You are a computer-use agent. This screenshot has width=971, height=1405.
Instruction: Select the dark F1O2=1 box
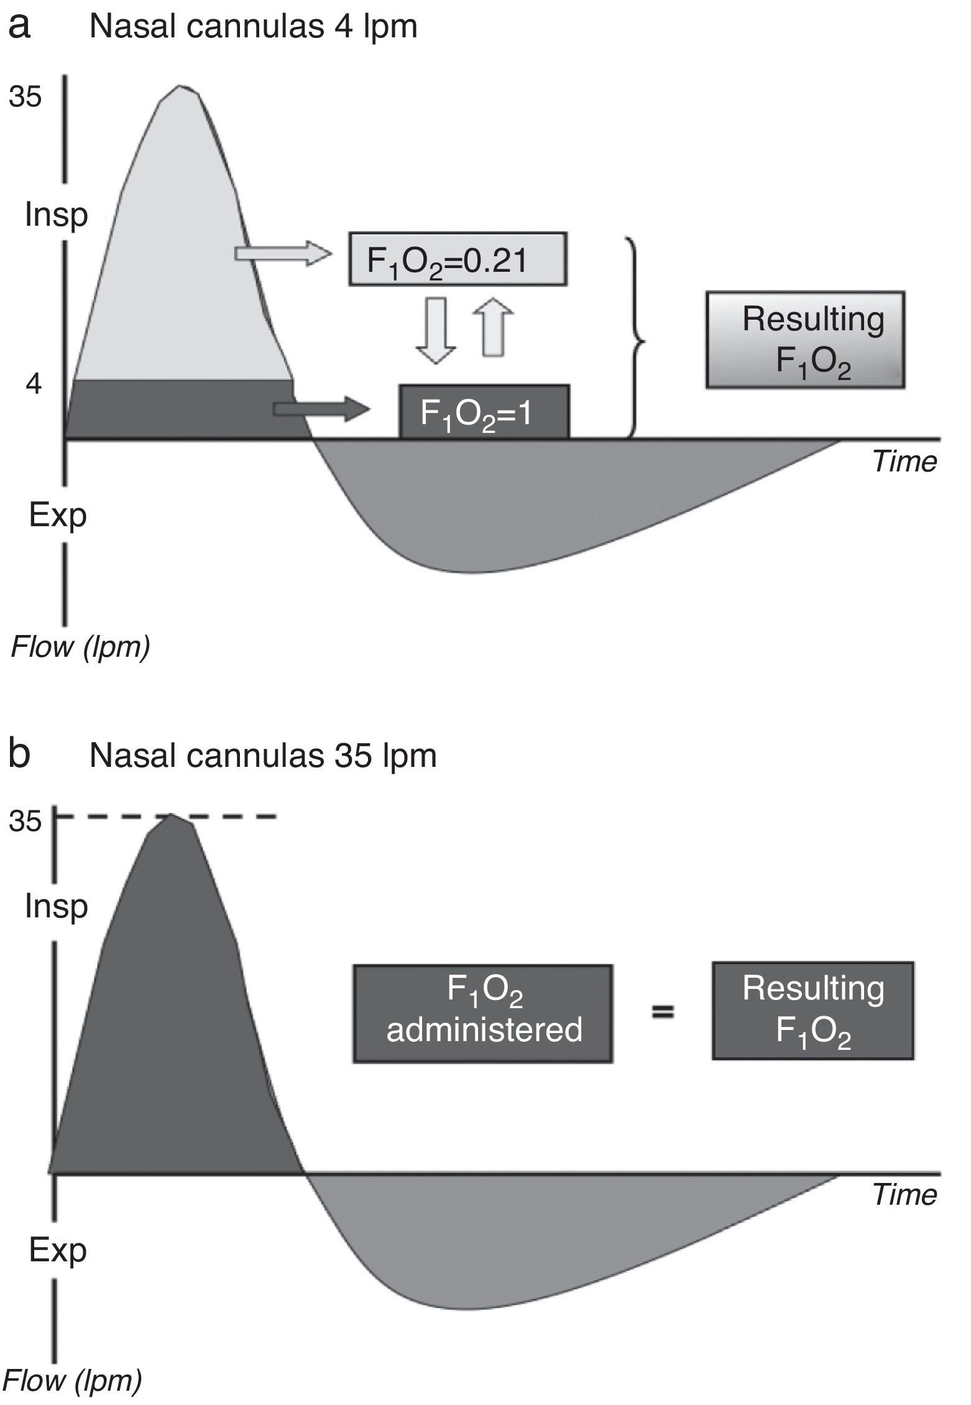tap(484, 412)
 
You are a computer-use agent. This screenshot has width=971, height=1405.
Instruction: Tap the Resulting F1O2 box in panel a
tap(806, 340)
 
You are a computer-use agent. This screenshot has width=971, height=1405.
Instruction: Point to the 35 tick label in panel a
tap(25, 97)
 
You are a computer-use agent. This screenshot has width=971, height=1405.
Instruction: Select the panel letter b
tap(21, 754)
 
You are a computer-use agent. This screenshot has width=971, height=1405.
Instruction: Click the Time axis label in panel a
tap(904, 461)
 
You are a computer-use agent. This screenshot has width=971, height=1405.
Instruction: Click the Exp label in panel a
tap(57, 516)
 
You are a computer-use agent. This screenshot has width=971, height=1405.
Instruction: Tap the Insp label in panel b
tap(57, 907)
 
